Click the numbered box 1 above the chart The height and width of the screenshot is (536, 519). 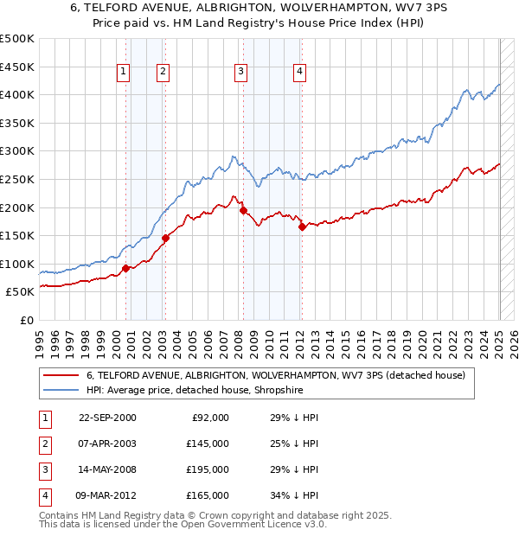pyautogui.click(x=124, y=72)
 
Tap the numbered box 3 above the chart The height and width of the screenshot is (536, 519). pyautogui.click(x=240, y=72)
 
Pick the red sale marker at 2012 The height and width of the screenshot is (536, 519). pyautogui.click(x=302, y=227)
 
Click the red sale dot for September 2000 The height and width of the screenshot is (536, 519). pyautogui.click(x=126, y=268)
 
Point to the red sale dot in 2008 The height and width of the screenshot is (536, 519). pyautogui.click(x=243, y=210)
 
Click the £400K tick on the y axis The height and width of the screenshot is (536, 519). pyautogui.click(x=17, y=95)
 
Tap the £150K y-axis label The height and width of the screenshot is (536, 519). pyautogui.click(x=17, y=236)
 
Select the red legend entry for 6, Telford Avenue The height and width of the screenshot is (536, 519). pyautogui.click(x=275, y=375)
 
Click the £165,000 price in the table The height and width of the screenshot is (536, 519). pyautogui.click(x=208, y=495)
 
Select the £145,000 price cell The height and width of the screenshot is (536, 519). pyautogui.click(x=208, y=443)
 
